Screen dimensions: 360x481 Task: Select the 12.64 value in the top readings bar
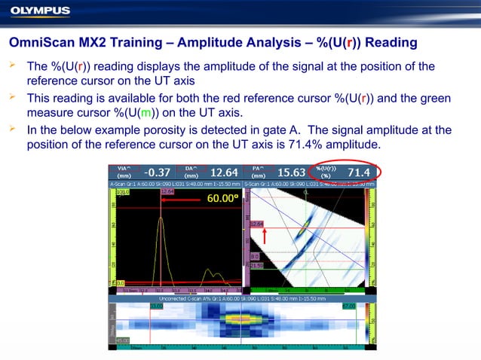tap(224, 172)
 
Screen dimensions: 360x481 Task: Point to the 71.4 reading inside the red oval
tap(358, 172)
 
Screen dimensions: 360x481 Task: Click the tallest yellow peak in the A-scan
tap(161, 218)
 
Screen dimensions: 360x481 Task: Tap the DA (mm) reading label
tap(191, 172)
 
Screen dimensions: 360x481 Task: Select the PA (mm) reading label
tap(259, 172)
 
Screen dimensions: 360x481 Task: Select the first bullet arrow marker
tap(11, 66)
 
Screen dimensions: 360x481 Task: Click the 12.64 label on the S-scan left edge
tap(256, 224)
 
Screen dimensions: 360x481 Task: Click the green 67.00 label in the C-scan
tap(348, 306)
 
